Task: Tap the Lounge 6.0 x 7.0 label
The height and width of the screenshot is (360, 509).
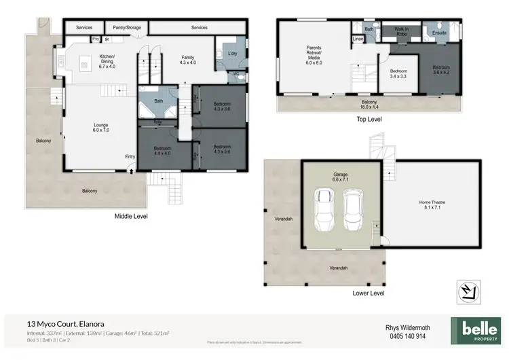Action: coord(101,127)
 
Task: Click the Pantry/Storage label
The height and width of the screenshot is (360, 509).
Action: coord(127,28)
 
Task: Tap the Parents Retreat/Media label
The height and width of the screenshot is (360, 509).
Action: coord(314,52)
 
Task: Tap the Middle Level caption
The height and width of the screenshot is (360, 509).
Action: coord(131,216)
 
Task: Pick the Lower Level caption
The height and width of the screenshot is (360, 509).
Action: coord(369,293)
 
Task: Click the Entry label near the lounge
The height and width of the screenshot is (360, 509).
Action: coord(130,157)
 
